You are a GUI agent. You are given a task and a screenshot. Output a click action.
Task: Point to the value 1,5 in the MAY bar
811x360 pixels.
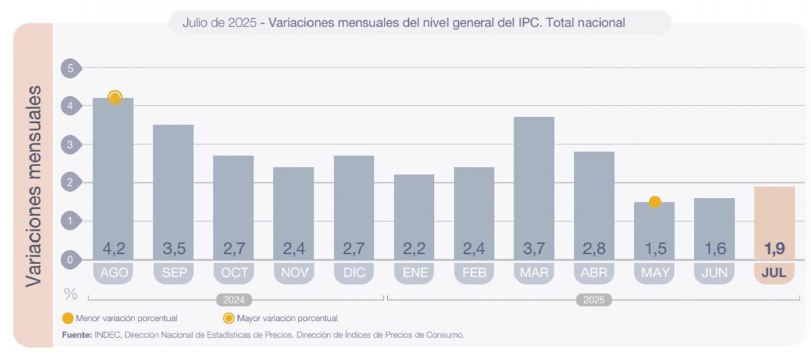pos(654,249)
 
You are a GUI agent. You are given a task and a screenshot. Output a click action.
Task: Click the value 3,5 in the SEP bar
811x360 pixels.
pos(174,249)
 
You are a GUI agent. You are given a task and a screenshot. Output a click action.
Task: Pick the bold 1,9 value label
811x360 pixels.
pos(774,249)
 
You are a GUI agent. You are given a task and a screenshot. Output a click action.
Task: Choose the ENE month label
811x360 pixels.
pos(414,273)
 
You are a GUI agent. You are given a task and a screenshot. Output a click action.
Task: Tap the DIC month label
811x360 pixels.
pos(353,273)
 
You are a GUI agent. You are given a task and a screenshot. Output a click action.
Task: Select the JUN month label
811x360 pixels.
pos(714,273)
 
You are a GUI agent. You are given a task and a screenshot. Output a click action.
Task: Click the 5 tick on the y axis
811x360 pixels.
pos(70,68)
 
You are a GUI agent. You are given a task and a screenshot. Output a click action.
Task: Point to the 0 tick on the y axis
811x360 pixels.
pos(70,259)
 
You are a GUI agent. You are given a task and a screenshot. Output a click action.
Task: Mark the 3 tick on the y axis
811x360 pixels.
pos(70,144)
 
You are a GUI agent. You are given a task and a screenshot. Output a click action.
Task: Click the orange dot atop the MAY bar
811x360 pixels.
pos(654,202)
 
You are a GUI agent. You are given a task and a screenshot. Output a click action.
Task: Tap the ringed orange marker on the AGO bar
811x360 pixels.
pos(115,98)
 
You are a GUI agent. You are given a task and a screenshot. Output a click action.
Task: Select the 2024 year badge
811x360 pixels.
pos(234,300)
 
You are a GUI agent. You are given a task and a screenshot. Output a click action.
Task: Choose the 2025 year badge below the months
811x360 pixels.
pos(594,300)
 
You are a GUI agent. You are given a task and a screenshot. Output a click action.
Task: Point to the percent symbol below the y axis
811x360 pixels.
pos(70,294)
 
